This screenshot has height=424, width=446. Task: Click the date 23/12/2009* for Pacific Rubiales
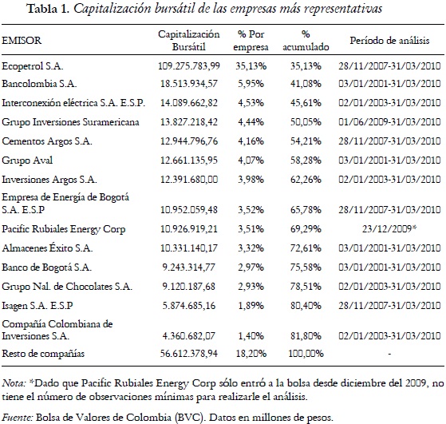click(x=392, y=230)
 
